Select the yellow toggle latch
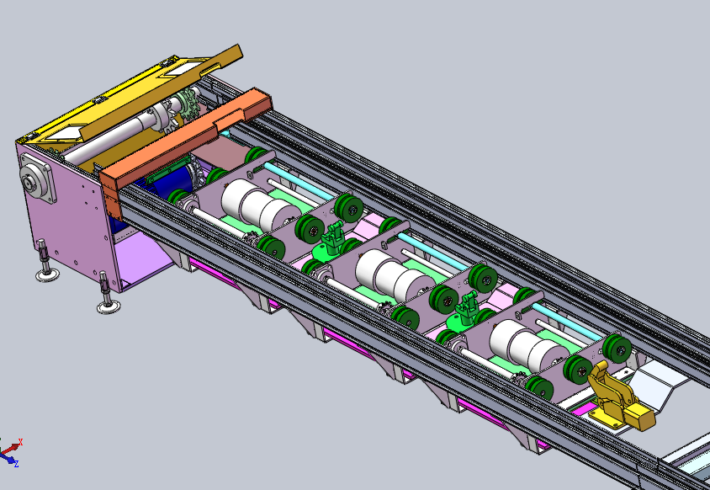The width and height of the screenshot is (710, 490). click(618, 398)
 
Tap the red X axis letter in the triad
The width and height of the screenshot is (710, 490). click(20, 441)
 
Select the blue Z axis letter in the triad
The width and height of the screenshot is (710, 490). click(16, 464)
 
